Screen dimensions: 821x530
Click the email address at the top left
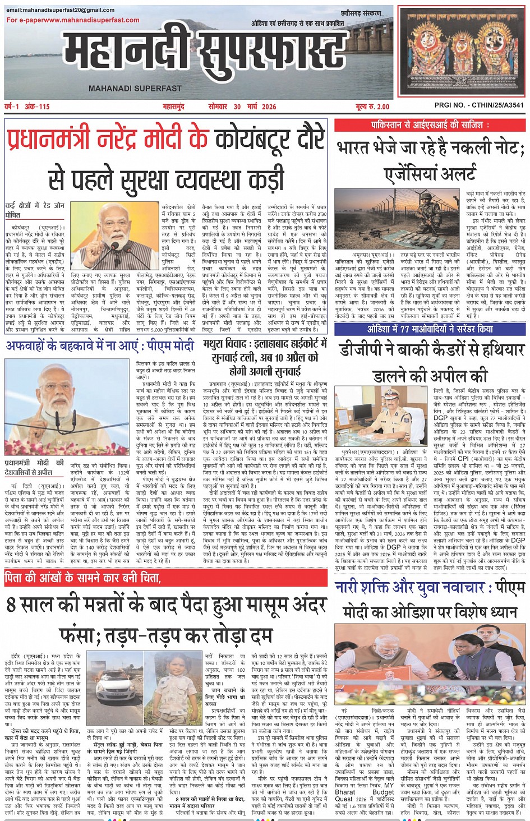click(x=61, y=10)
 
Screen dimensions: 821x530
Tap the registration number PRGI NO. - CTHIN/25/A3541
click(x=479, y=105)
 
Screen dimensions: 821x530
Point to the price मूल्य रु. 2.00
click(x=372, y=107)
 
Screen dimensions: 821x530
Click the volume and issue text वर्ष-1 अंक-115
click(x=27, y=107)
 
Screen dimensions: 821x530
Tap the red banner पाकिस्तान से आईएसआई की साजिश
click(x=430, y=124)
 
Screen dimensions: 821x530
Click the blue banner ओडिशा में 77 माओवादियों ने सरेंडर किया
click(x=430, y=329)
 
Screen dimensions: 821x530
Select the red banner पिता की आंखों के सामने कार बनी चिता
click(x=82, y=578)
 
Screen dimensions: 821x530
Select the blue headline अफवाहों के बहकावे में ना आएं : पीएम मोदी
click(x=100, y=345)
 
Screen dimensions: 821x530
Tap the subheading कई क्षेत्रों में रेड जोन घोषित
click(x=35, y=210)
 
